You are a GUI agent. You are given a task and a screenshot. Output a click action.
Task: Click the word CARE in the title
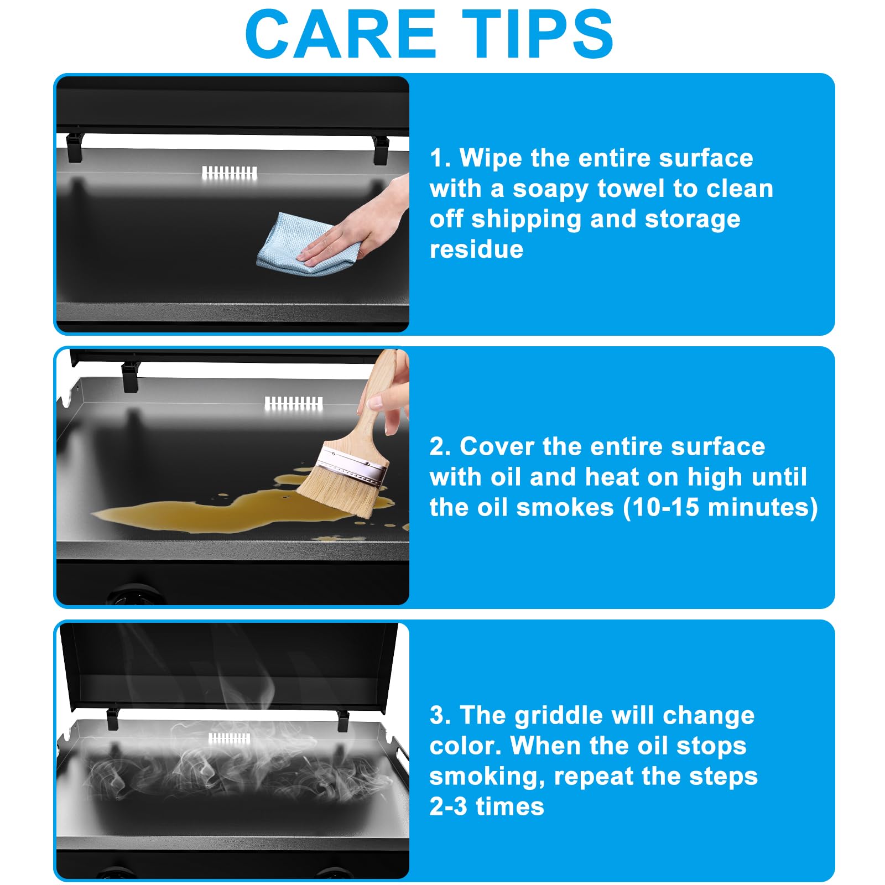pyautogui.click(x=341, y=34)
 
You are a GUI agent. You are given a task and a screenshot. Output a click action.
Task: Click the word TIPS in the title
pyautogui.click(x=538, y=34)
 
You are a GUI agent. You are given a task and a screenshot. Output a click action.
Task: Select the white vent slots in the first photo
pyautogui.click(x=230, y=173)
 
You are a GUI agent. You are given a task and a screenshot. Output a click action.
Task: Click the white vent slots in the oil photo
pyautogui.click(x=294, y=403)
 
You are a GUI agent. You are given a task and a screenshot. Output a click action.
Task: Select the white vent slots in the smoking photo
pyautogui.click(x=229, y=738)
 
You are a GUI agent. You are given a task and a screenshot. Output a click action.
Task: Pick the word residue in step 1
pyautogui.click(x=477, y=249)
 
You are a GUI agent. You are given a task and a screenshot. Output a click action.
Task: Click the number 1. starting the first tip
pyautogui.click(x=441, y=158)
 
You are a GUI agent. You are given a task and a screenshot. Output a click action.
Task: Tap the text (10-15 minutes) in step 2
pyautogui.click(x=721, y=507)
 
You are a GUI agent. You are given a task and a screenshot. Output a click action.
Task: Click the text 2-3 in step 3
pyautogui.click(x=449, y=806)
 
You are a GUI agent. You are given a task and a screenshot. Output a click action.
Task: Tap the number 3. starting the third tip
pyautogui.click(x=441, y=715)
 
